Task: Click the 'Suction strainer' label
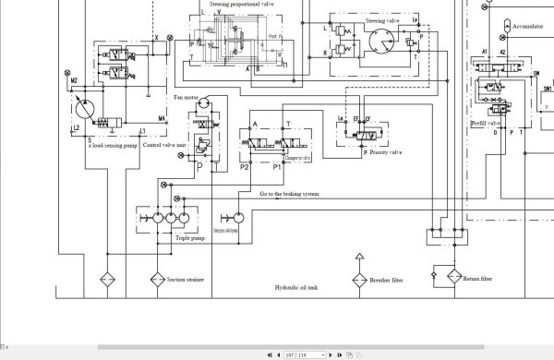(x=185, y=278)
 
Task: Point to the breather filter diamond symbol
(x=357, y=278)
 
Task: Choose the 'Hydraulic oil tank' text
(x=295, y=288)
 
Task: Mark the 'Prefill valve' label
(x=486, y=123)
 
